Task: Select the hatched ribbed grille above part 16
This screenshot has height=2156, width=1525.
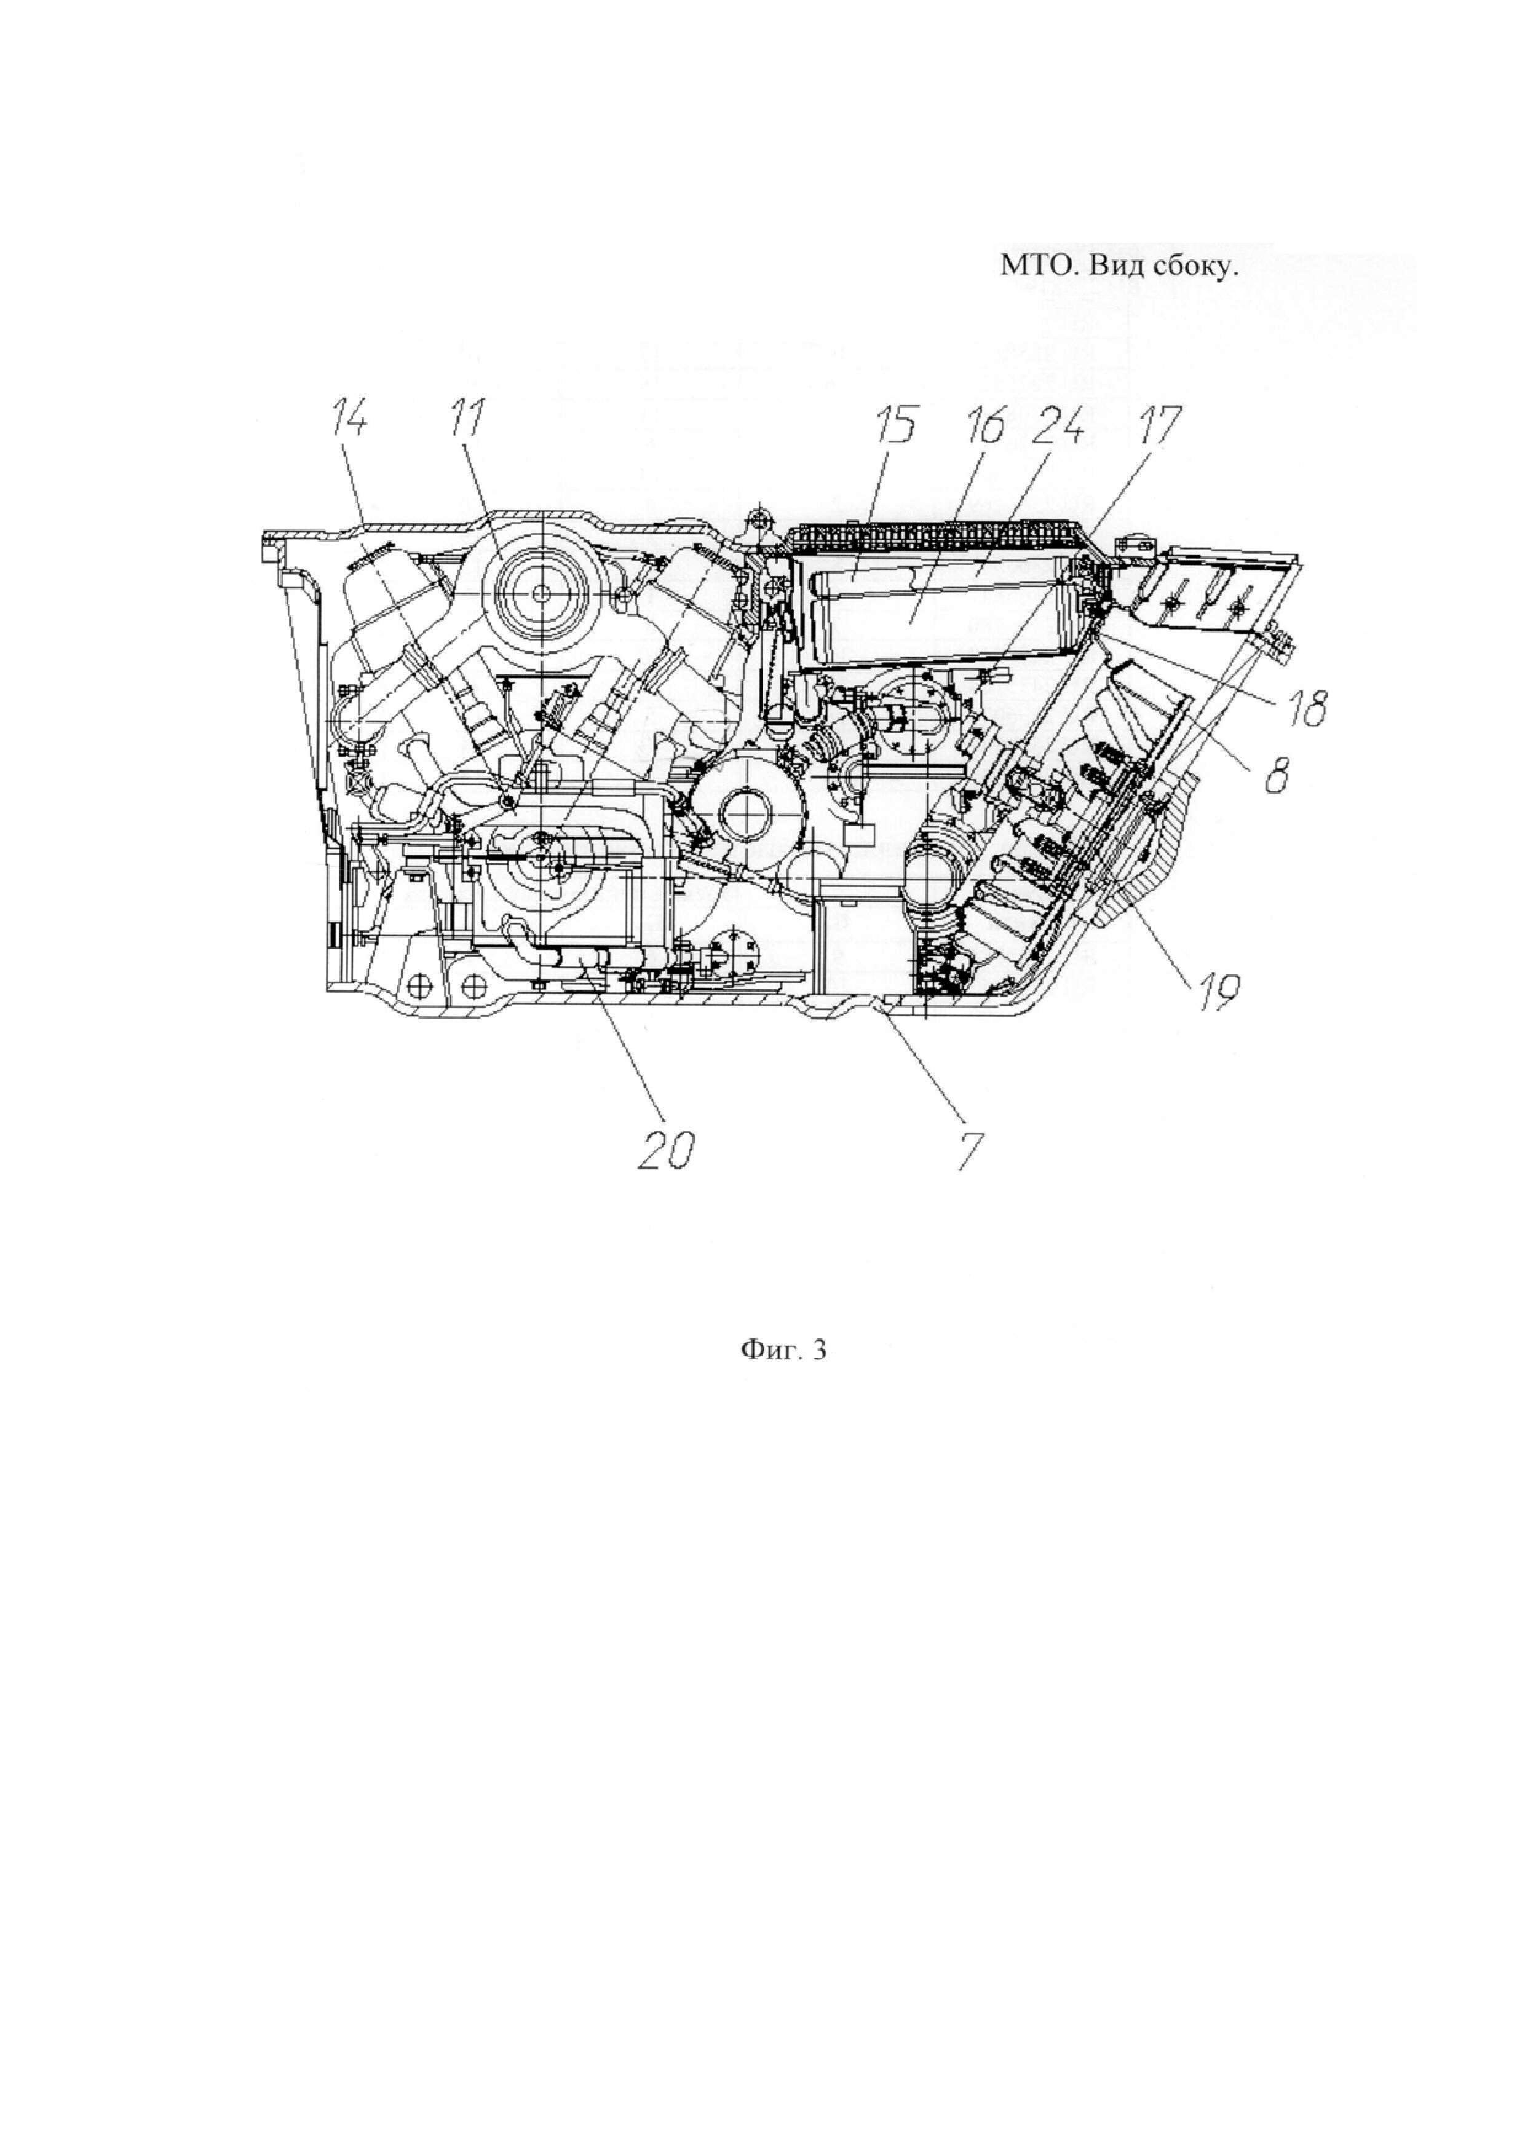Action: click(x=939, y=538)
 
